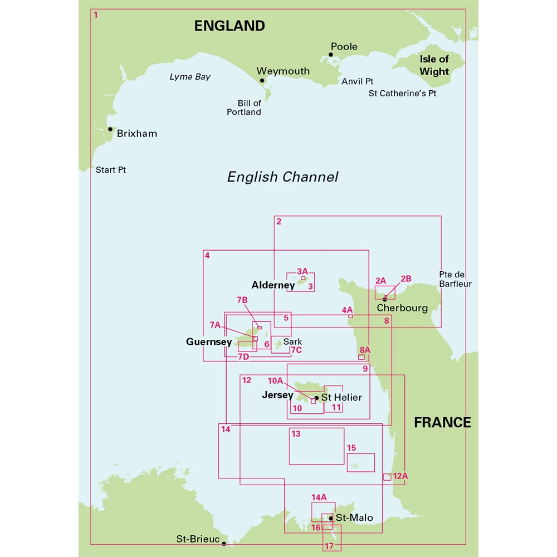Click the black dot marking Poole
[x=330, y=55]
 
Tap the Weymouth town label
[x=282, y=71]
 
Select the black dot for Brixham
[x=110, y=129]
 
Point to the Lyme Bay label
[x=190, y=77]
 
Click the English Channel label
[x=282, y=177]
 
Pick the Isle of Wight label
[x=434, y=65]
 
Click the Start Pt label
[x=111, y=169]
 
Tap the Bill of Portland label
[x=244, y=108]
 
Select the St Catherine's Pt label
[x=402, y=94]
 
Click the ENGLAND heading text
[x=229, y=26]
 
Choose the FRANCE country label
[x=442, y=422]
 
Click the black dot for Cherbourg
[x=384, y=299]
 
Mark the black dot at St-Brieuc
[x=224, y=543]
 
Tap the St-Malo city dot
[x=331, y=518]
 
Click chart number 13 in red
[x=296, y=434]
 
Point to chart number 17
[x=329, y=546]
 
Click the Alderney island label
[x=273, y=285]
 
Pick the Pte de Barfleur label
[x=455, y=279]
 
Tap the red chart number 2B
[x=405, y=278]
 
